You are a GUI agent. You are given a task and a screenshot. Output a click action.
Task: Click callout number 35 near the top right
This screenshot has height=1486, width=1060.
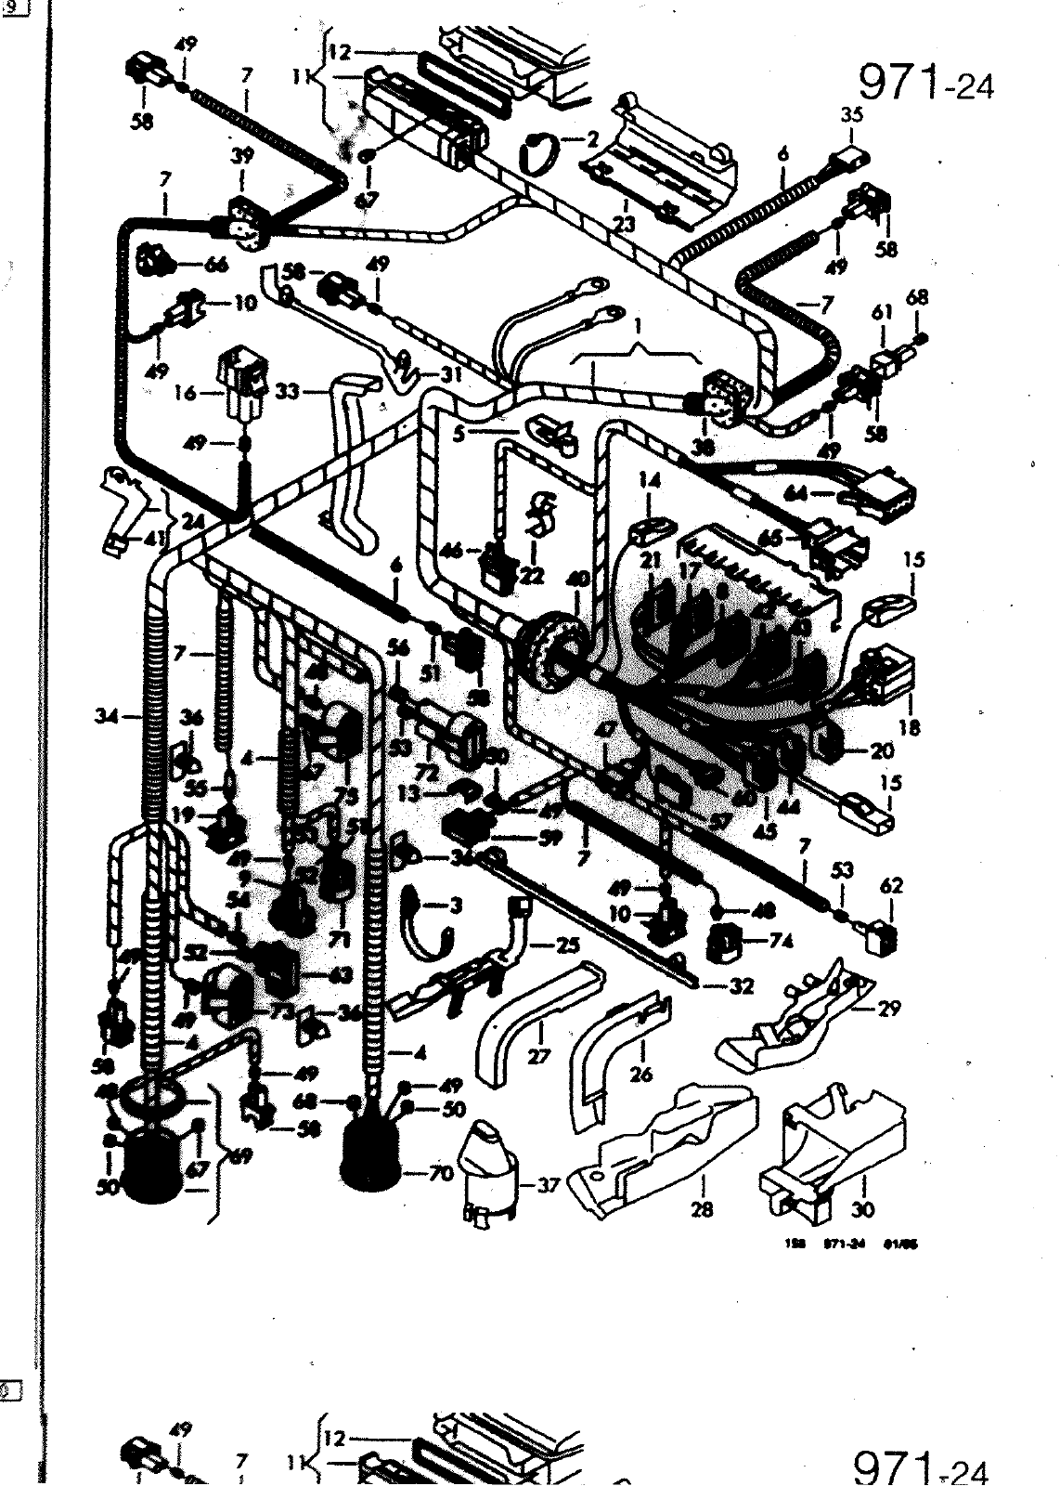coord(851,115)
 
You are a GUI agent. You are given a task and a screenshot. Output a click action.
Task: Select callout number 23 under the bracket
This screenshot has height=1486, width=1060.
coord(624,224)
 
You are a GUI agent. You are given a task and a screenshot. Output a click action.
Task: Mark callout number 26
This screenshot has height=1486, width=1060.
coord(640,1075)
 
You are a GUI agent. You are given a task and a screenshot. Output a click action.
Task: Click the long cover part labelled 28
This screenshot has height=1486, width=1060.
coord(668,1152)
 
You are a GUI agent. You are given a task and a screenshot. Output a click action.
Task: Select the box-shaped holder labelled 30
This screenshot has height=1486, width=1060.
coord(831,1152)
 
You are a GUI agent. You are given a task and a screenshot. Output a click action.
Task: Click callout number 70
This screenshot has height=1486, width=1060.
coord(440,1174)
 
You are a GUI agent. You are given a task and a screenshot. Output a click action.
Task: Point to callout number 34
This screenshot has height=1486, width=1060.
coord(107,716)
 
